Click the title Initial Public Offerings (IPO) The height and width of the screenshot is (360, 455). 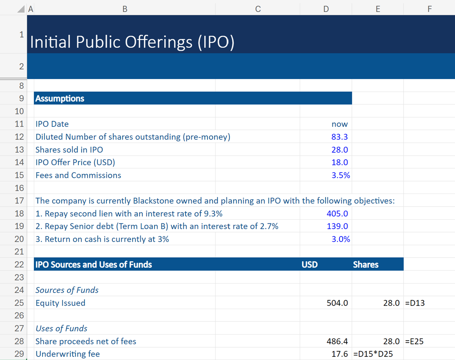coord(132,42)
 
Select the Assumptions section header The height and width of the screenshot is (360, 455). coord(60,98)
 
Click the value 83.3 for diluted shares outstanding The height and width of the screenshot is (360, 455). coord(339,137)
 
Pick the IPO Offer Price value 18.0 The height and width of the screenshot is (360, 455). coord(339,163)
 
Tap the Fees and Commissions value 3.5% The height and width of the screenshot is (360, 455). coord(341,175)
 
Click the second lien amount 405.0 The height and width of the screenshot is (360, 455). coord(337,214)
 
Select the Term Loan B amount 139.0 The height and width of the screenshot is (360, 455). coord(337,226)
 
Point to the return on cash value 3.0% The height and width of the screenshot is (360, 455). coord(341,239)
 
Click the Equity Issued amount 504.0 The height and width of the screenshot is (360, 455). coord(337,303)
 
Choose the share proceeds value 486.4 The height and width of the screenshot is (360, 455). coord(337,341)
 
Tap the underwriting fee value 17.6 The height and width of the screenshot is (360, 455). coord(339,354)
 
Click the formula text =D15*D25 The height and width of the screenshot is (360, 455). coord(373,354)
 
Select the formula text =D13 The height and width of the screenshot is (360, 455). coord(415,303)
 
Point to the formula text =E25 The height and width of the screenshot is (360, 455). coord(415,341)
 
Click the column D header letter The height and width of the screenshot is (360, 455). coord(326,9)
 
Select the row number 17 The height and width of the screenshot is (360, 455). coord(19,201)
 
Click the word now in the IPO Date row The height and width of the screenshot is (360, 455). coord(339,124)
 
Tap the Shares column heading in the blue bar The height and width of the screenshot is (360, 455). coord(366,265)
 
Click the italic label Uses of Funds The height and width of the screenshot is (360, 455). coord(61,328)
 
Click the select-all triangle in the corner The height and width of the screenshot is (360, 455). coord(21,9)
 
